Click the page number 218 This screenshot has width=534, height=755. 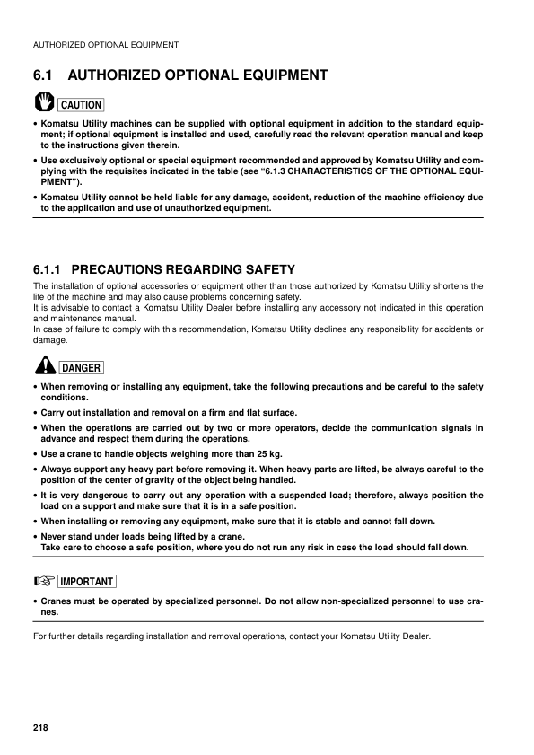(x=39, y=725)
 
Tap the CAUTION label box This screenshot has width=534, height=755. (x=81, y=105)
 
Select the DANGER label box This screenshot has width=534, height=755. (x=81, y=367)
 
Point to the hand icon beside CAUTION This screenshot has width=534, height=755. (x=43, y=102)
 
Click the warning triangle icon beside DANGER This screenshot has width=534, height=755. (x=44, y=364)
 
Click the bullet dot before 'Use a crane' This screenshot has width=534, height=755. (x=34, y=454)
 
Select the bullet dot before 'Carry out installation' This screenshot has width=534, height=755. (x=34, y=413)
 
